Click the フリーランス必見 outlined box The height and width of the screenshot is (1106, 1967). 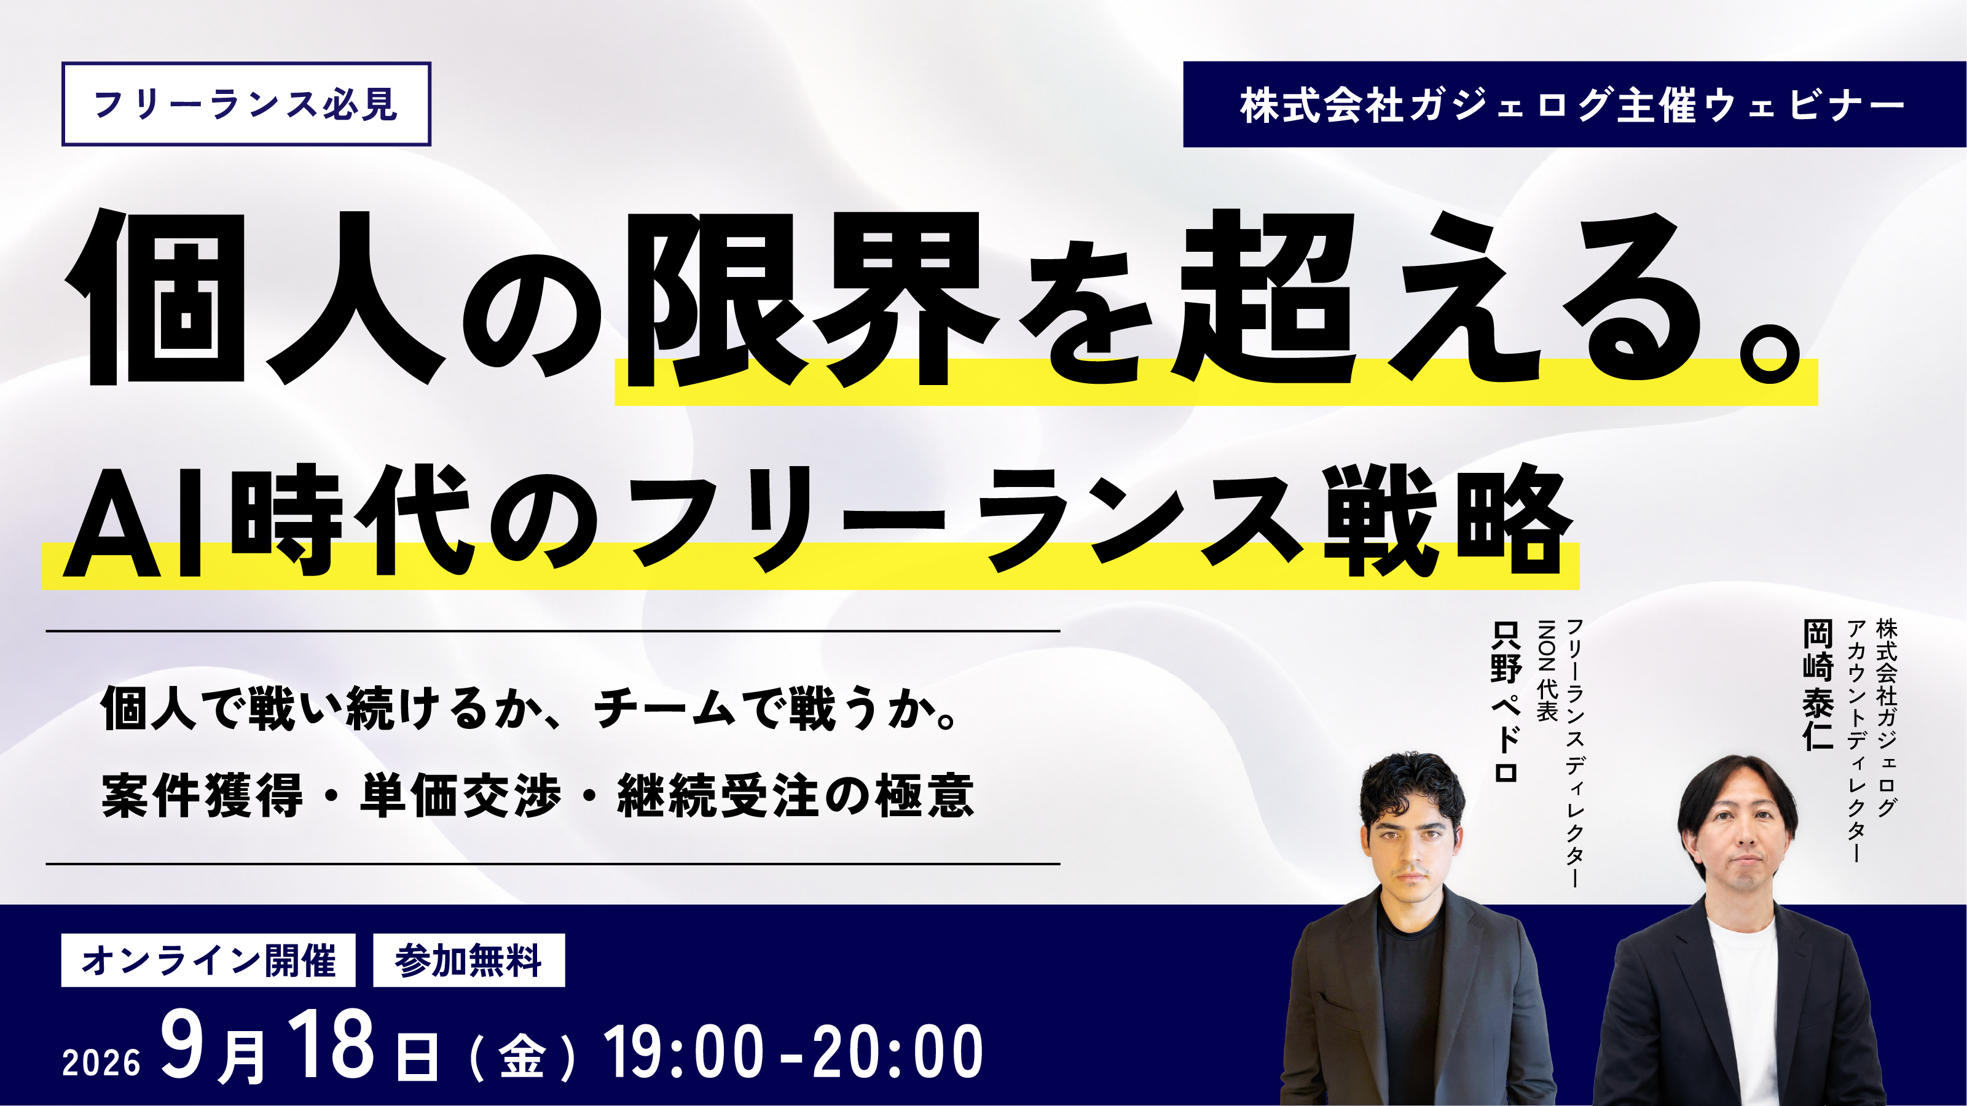(246, 104)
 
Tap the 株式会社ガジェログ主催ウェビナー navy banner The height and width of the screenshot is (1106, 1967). (1574, 104)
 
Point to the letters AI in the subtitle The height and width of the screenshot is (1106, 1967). (133, 522)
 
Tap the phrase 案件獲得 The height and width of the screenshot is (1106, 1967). (202, 796)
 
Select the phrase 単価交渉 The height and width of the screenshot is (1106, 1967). (460, 796)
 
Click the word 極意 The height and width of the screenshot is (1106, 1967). (925, 796)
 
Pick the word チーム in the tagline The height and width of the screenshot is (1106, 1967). (664, 708)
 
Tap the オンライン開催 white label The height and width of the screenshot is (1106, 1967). (208, 960)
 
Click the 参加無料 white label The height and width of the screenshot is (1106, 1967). (469, 960)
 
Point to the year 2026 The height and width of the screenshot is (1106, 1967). (101, 1062)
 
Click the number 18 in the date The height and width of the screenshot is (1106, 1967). (331, 1043)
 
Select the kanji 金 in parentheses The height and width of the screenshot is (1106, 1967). (522, 1057)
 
